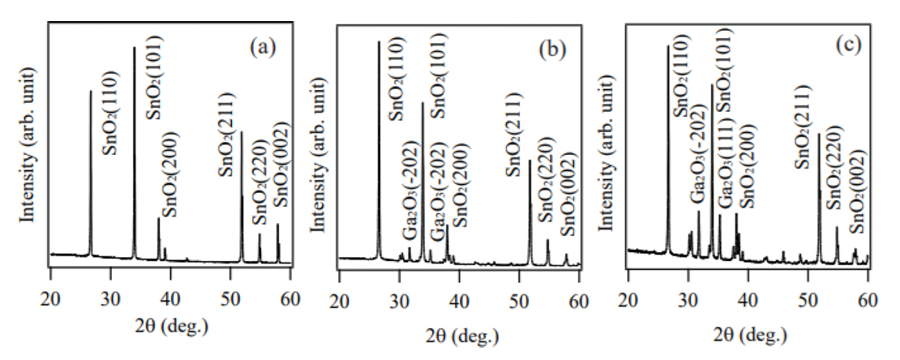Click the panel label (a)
(x=263, y=47)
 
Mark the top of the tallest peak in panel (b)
(x=379, y=41)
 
